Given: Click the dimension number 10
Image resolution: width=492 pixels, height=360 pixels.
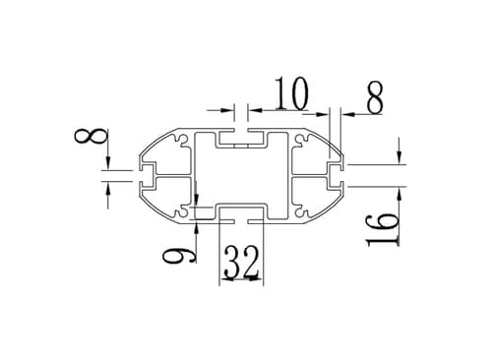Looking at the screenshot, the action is [x=292, y=93].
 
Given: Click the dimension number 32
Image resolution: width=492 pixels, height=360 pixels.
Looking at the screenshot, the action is [x=242, y=263].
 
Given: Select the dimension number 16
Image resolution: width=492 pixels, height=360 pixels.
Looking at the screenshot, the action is [x=383, y=230].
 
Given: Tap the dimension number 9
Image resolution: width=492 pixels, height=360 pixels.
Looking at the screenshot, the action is [x=179, y=256].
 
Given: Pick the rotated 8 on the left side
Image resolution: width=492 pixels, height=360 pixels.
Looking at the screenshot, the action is [x=92, y=136].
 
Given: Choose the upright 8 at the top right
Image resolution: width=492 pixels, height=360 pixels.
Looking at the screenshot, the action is [x=375, y=97].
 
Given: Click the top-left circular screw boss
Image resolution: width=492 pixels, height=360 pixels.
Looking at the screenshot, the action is [x=181, y=140].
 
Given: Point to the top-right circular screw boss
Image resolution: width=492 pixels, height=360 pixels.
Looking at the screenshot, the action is [x=300, y=140].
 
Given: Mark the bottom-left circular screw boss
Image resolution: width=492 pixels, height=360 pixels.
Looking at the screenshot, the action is [x=181, y=211].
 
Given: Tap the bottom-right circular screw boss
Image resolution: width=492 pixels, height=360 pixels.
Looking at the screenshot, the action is [x=300, y=211].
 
